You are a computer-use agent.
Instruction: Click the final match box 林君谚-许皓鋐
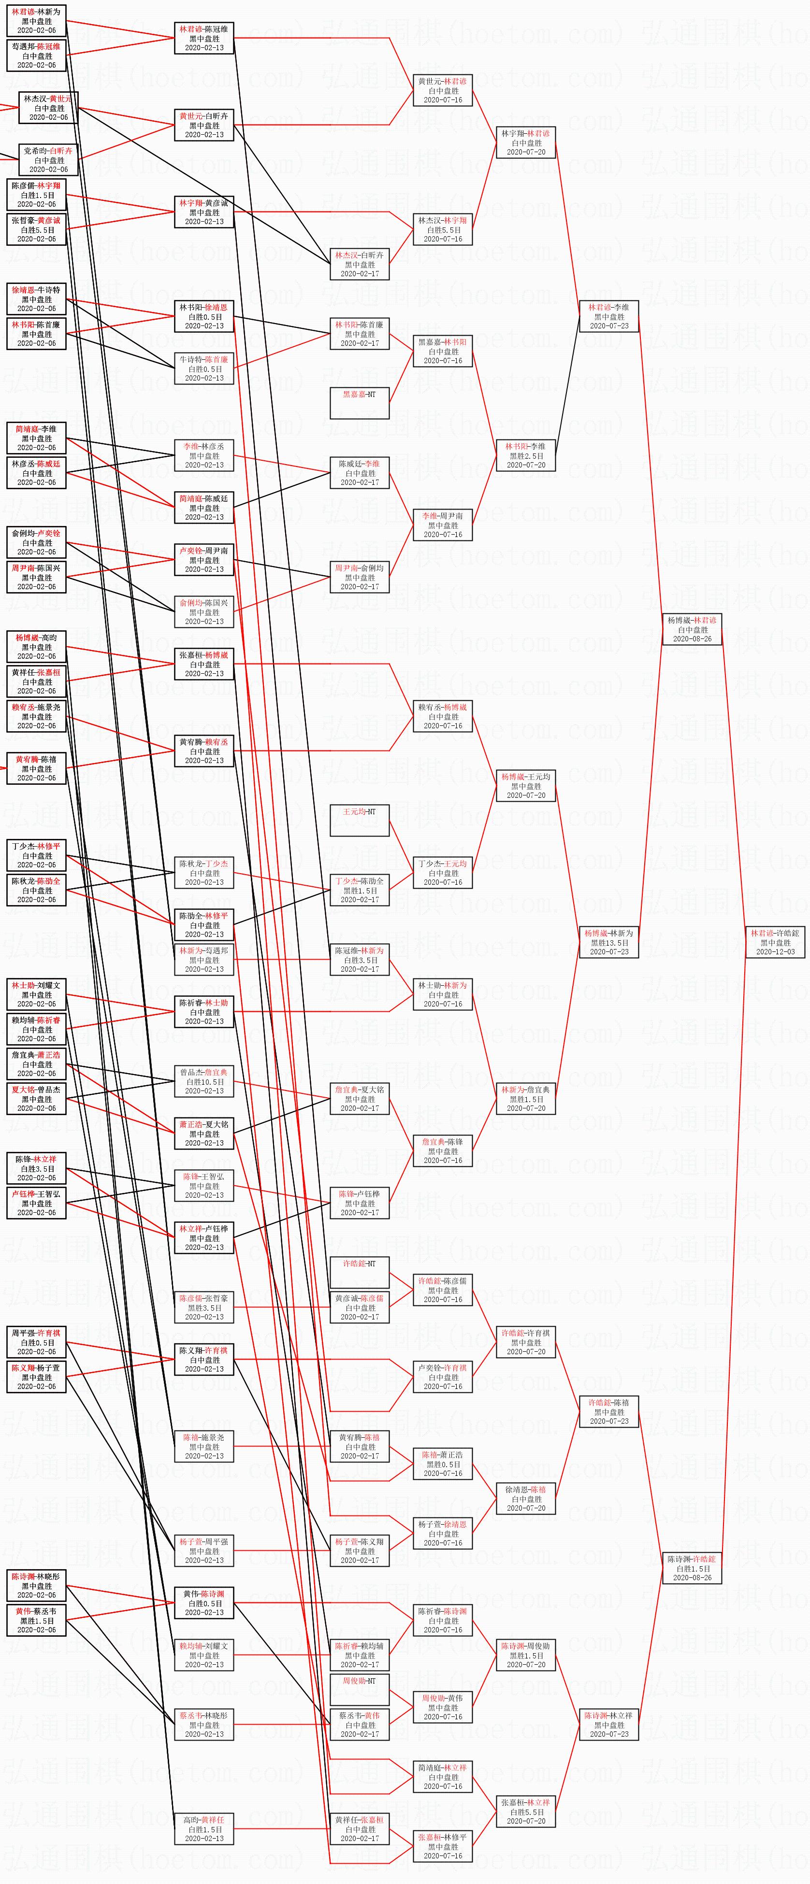(775, 942)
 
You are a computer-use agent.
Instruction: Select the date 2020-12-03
(775, 951)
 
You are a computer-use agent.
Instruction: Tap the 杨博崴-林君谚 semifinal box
(692, 629)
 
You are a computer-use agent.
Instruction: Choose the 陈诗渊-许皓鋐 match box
(692, 1568)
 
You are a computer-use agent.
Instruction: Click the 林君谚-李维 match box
(609, 316)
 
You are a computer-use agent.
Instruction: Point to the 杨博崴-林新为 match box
(609, 942)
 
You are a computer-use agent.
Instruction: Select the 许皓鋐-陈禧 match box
(609, 1412)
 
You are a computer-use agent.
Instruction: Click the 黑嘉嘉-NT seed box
(359, 403)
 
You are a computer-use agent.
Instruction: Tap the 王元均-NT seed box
(359, 821)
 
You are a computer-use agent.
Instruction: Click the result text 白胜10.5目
(204, 1082)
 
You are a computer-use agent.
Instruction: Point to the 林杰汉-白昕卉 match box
(359, 264)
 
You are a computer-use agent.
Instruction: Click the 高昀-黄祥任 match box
(204, 1828)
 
